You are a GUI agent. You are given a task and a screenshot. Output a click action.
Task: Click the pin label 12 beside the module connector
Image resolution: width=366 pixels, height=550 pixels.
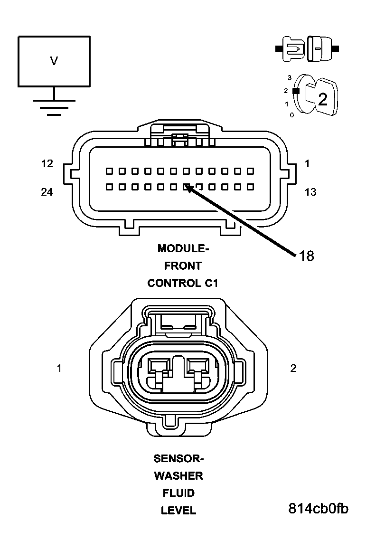coord(47,164)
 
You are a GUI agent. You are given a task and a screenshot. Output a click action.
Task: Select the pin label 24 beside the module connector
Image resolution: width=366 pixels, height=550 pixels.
coord(47,192)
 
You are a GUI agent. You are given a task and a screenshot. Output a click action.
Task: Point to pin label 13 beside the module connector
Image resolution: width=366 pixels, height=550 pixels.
coord(310,192)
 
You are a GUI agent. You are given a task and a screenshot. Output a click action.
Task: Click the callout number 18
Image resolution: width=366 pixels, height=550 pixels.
coord(306,256)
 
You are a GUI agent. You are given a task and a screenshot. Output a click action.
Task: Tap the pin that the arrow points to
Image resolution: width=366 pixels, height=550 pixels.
coord(187,187)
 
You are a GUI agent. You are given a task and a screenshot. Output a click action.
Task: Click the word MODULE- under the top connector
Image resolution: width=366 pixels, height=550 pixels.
coord(183,248)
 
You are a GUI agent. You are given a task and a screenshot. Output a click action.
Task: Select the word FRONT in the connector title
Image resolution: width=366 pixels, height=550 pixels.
coord(183,266)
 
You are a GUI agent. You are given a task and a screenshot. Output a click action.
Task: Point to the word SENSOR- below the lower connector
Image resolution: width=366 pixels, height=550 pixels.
coord(178,459)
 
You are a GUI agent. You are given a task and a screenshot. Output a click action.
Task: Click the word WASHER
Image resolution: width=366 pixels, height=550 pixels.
coord(178,476)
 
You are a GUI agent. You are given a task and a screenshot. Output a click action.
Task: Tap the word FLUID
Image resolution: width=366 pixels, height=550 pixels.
coord(178,493)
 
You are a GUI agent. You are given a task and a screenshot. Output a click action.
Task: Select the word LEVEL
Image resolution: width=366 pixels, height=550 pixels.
coord(178,511)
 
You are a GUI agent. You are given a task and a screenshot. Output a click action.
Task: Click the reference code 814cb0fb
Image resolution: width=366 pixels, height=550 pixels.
coord(318,509)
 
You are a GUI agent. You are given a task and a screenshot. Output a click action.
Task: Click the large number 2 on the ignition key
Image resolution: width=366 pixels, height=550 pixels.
coord(323,99)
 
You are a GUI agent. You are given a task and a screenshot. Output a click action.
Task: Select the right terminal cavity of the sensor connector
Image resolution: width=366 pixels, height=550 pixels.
coord(197,367)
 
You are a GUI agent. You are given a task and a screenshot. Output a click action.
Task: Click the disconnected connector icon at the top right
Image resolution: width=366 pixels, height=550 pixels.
coord(307,48)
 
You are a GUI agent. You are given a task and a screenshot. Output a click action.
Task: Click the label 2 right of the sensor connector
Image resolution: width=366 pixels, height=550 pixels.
coord(293,368)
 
